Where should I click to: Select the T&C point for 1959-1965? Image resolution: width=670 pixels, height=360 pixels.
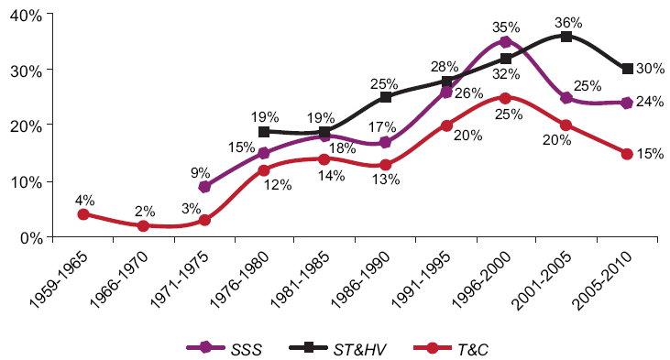click(x=83, y=214)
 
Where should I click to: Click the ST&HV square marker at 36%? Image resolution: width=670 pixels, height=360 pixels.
click(x=566, y=36)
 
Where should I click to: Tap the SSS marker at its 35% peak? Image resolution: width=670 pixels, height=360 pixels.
click(x=505, y=42)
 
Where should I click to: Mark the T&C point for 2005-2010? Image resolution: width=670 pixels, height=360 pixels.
click(x=627, y=154)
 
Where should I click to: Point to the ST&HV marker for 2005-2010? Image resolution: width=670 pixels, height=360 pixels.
click(x=627, y=69)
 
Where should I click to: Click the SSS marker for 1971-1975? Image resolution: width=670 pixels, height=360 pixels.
click(x=204, y=187)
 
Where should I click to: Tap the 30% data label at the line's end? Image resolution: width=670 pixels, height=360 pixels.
click(x=652, y=70)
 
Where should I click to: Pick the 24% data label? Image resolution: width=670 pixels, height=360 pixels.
click(x=652, y=102)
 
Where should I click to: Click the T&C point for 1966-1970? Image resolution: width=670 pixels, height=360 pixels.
click(x=143, y=225)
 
